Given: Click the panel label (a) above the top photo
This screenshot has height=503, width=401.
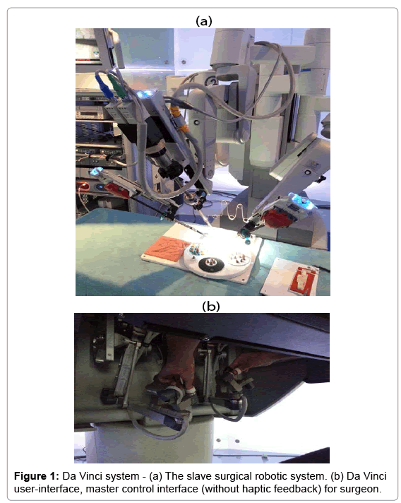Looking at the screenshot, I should point(203,20).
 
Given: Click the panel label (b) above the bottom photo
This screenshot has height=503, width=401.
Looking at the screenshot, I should point(203,306).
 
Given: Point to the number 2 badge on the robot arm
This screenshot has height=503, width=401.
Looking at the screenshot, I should point(210,82).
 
